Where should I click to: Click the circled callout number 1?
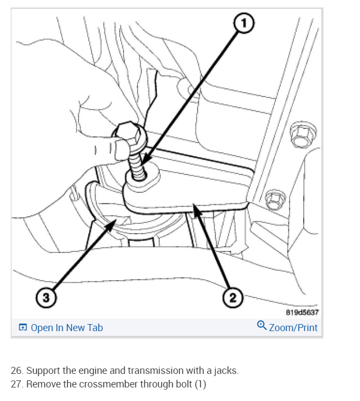click(x=244, y=23)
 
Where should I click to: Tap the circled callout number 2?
click(x=232, y=297)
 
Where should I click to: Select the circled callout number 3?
click(x=47, y=297)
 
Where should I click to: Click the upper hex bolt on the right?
click(x=299, y=136)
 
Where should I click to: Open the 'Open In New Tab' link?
click(x=67, y=327)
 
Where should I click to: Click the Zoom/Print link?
click(x=293, y=327)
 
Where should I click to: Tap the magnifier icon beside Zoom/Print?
click(x=262, y=326)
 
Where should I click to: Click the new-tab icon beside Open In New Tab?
click(x=23, y=328)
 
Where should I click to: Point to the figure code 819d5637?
click(x=302, y=312)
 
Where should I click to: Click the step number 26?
click(x=17, y=371)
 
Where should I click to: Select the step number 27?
click(x=17, y=384)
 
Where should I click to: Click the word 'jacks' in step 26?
click(x=225, y=371)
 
